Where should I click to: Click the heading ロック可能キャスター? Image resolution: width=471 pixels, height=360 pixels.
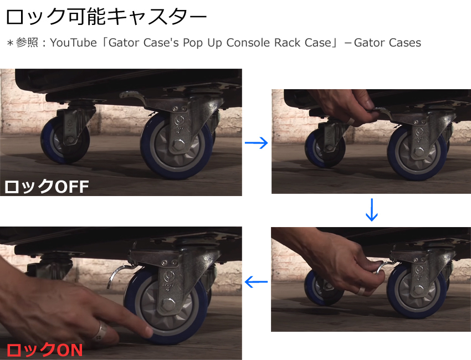[106, 17]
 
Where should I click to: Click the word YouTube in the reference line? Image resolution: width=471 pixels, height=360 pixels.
[73, 43]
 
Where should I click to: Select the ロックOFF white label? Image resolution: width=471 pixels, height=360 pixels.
[47, 187]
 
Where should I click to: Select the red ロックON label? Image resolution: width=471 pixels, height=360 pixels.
[44, 350]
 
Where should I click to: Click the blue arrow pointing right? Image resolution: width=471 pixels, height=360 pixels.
[256, 143]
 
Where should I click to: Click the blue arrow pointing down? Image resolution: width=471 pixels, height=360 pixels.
[372, 210]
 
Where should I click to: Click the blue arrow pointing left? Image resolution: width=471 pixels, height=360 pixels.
[256, 282]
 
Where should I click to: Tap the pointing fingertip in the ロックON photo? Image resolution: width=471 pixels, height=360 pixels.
[148, 331]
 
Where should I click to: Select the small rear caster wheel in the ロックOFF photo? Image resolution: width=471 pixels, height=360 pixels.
[65, 140]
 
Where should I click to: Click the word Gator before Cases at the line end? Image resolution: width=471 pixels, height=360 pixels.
[369, 43]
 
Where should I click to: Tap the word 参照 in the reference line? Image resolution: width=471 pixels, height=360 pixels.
[27, 43]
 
